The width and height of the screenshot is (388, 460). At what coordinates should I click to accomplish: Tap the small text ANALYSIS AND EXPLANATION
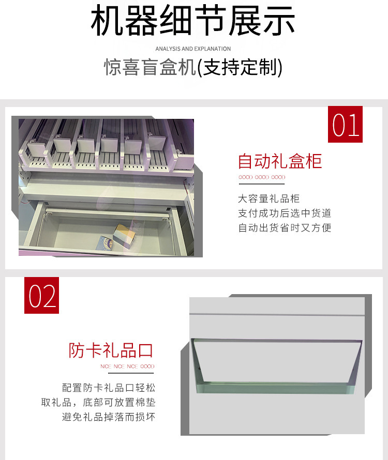pyautogui.click(x=193, y=49)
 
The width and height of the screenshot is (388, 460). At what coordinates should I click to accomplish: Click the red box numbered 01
pyautogui.click(x=346, y=124)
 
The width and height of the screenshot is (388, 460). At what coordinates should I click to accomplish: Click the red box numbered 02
pyautogui.click(x=42, y=295)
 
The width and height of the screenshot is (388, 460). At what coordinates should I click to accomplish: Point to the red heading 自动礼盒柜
pyautogui.click(x=280, y=161)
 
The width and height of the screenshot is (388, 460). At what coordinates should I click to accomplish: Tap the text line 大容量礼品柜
pyautogui.click(x=268, y=198)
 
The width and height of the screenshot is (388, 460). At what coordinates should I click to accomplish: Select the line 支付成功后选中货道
pyautogui.click(x=285, y=213)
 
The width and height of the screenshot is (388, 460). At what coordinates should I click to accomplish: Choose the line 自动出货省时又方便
pyautogui.click(x=285, y=227)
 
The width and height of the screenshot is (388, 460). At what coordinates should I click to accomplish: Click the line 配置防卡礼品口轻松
pyautogui.click(x=109, y=387)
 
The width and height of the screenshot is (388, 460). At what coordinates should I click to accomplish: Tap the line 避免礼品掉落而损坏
pyautogui.click(x=109, y=416)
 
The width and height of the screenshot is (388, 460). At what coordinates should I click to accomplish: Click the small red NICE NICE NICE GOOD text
pyautogui.click(x=127, y=366)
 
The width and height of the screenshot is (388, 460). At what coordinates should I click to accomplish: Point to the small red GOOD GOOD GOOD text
pyautogui.click(x=262, y=177)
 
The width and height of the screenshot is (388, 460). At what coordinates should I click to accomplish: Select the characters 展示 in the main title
pyautogui.click(x=269, y=22)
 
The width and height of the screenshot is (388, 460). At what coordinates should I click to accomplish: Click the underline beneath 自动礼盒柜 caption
pyautogui.click(x=262, y=183)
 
